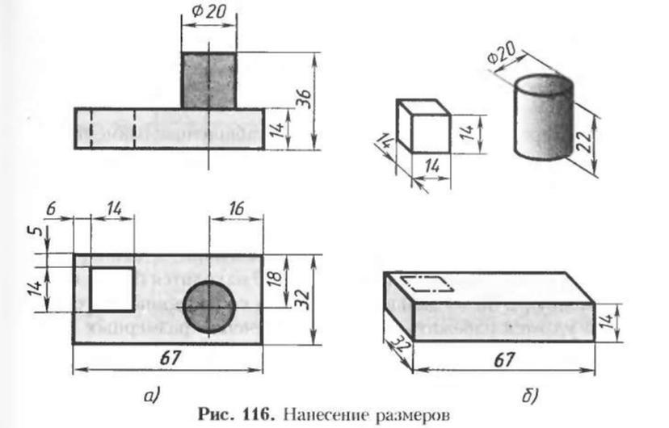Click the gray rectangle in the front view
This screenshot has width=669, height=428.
[x=208, y=81]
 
